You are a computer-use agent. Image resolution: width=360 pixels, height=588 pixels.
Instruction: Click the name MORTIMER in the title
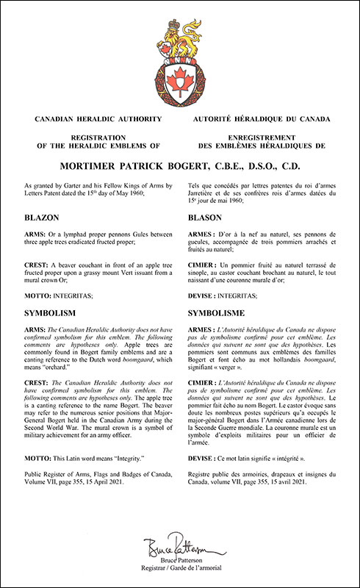point(87,156)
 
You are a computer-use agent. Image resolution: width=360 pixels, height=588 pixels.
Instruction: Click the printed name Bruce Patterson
point(180,563)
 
